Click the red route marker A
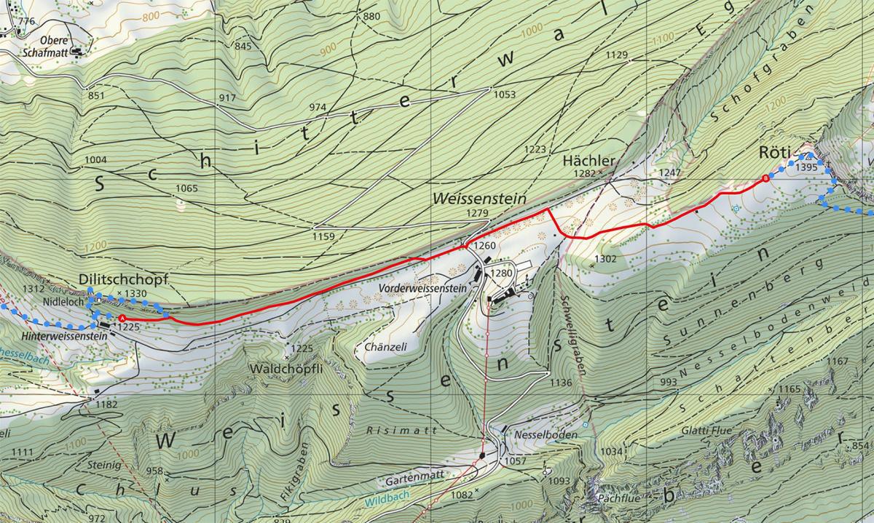(x=122, y=319)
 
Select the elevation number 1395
(x=808, y=167)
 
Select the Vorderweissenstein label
(x=422, y=288)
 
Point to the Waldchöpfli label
(x=286, y=369)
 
